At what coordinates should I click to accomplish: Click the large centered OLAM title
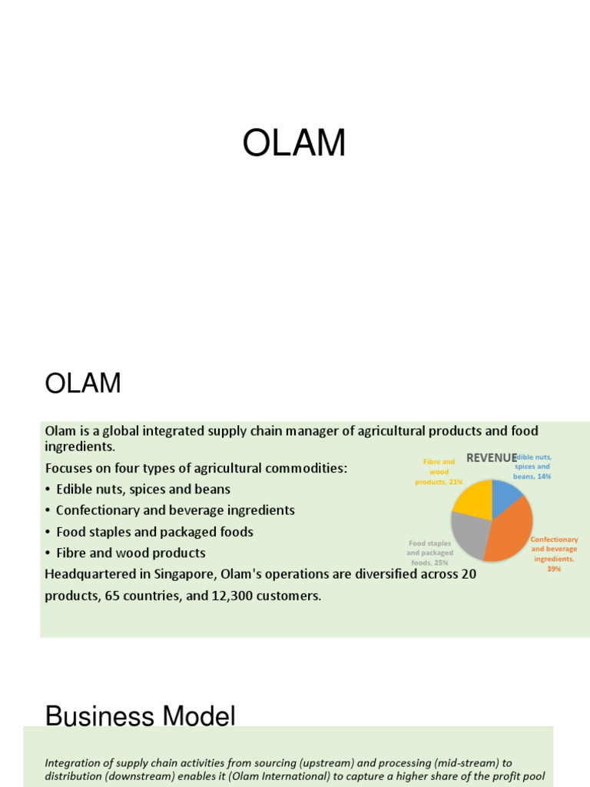(x=294, y=144)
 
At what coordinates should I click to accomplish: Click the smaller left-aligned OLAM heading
(x=83, y=383)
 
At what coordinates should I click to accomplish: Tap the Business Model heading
(x=140, y=716)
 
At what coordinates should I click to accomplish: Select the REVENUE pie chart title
(x=492, y=458)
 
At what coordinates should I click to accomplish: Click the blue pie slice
(x=506, y=496)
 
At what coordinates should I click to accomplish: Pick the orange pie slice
(x=510, y=530)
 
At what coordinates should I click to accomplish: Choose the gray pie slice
(x=469, y=534)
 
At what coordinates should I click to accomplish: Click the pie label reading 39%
(x=554, y=569)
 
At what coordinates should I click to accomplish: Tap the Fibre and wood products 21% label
(x=439, y=472)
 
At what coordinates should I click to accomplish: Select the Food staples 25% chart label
(x=430, y=553)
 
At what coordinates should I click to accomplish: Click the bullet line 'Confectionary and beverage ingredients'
(x=175, y=510)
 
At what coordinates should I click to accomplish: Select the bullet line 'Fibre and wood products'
(x=131, y=553)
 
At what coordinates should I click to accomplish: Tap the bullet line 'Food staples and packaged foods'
(x=154, y=532)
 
